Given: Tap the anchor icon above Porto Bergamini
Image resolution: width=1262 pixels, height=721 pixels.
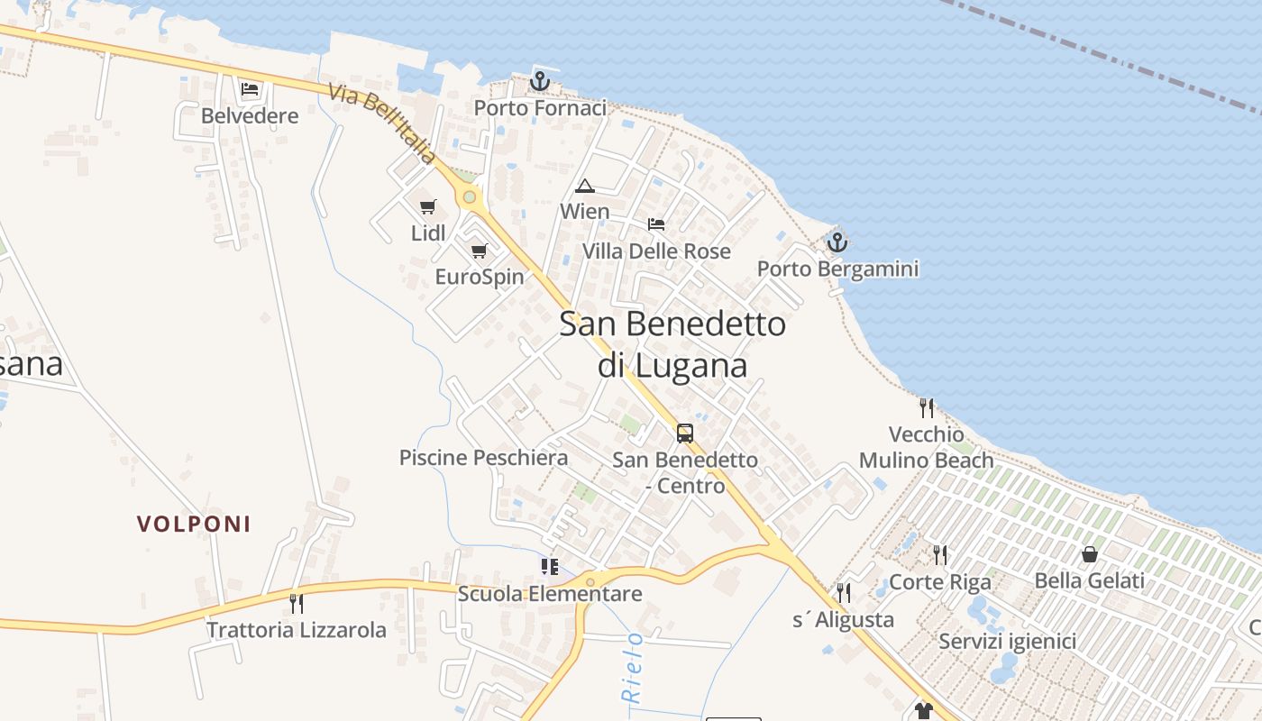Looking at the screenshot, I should click(837, 242).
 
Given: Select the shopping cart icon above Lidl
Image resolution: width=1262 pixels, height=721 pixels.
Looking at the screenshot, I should click(428, 207).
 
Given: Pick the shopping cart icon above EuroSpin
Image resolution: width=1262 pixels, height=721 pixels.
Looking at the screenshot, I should click(479, 251).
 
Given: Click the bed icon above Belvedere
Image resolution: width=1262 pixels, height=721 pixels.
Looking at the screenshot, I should click(250, 89).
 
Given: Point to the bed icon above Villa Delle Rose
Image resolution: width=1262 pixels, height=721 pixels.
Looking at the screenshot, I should click(656, 224).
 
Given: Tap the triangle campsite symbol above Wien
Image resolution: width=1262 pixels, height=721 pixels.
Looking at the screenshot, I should click(585, 187).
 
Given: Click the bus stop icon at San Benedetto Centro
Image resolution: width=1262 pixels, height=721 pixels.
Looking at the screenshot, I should click(685, 434).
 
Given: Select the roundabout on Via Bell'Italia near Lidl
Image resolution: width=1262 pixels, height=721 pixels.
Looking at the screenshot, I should click(469, 196).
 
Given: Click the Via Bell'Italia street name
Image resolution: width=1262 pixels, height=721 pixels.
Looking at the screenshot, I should click(382, 124).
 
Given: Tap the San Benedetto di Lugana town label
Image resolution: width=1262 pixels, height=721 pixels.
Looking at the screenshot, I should click(672, 344).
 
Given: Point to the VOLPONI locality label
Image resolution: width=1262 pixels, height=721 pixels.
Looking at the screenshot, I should click(194, 524).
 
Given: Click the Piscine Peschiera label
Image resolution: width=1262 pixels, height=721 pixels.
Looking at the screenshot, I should click(483, 458).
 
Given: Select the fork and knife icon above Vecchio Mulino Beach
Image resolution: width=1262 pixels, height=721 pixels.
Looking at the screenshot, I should click(927, 408).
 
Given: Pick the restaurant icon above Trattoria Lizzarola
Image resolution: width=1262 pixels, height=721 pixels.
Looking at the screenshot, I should click(296, 603).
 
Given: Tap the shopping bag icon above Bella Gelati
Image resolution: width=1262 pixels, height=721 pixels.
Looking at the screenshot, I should click(1090, 554).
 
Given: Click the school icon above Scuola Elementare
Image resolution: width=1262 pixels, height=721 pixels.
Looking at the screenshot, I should click(549, 566).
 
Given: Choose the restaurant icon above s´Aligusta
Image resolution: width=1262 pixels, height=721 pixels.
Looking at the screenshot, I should click(843, 592).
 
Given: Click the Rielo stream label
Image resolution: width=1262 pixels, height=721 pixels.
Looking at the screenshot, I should click(633, 667).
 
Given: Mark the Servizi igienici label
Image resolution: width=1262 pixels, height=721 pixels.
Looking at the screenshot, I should click(1007, 642).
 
